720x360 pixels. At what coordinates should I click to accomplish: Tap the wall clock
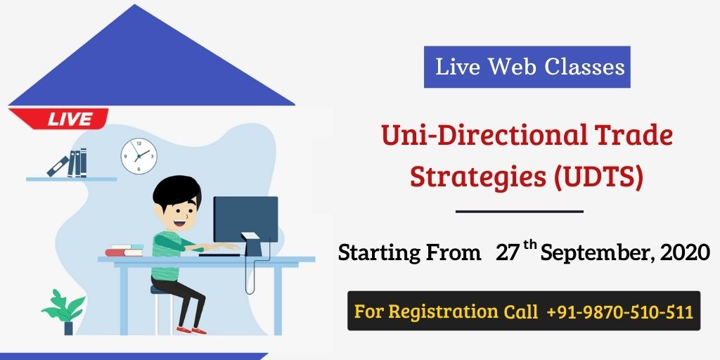tap(139, 156)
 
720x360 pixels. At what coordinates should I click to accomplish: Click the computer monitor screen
tap(245, 219)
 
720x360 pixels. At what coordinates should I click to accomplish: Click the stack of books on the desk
tap(124, 250)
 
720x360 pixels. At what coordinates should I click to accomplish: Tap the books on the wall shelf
tap(68, 163)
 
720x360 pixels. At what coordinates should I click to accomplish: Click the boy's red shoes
tap(191, 330)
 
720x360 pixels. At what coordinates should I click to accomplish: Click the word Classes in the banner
tap(584, 67)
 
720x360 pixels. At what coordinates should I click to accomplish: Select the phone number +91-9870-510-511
tap(620, 311)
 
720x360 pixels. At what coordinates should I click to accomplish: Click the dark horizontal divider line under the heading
tap(520, 212)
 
